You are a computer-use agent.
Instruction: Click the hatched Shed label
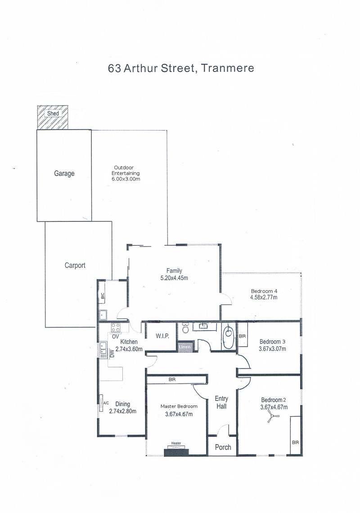coord(53,113)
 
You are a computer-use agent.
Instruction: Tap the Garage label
coord(64,173)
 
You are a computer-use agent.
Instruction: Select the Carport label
coord(75,265)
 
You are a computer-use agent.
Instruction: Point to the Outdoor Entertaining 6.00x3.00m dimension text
coord(126,179)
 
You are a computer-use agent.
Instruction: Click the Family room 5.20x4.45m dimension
coord(174,278)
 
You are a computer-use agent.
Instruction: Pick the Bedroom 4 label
coord(264,291)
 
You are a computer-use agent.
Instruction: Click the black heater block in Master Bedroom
coord(176,452)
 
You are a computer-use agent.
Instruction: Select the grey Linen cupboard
coord(185,346)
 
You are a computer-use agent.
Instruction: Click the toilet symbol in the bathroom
coord(185,328)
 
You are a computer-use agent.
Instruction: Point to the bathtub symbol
coord(228,337)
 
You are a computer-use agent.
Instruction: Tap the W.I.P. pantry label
coord(162,336)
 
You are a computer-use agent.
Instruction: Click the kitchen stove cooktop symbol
coord(116,328)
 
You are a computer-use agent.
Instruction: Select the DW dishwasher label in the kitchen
coord(112,353)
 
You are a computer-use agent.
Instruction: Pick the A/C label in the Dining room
coord(106,403)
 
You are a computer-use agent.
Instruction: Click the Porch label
coord(223,447)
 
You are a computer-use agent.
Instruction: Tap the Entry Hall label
coord(221,402)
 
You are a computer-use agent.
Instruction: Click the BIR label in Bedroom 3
coord(242,336)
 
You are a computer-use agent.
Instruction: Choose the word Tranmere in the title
coord(227,68)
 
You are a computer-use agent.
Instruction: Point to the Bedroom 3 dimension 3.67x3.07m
coord(272,349)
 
